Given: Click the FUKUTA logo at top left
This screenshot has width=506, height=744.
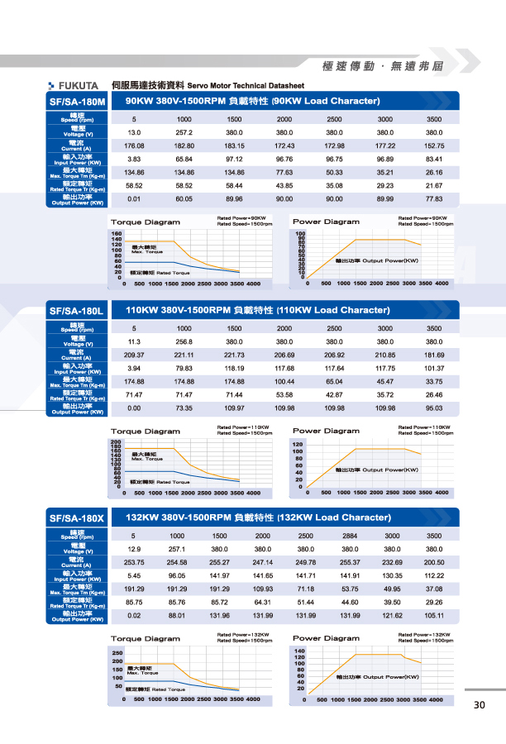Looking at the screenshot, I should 79,85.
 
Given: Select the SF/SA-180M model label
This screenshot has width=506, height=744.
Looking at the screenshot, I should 78,102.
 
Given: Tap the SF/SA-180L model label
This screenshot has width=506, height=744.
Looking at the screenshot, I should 78,311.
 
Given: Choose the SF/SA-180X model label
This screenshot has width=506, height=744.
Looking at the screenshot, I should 78,518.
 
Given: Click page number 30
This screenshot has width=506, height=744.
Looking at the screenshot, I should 480,705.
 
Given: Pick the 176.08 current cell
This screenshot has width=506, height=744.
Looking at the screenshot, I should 134,145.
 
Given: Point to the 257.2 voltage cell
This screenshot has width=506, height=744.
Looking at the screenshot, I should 184,132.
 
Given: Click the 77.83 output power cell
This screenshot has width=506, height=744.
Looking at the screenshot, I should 434,198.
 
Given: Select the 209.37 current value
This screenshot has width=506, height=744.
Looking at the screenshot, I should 134,355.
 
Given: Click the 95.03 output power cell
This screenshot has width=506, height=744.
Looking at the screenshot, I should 434,408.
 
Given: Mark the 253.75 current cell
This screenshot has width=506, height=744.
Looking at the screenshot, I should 134,562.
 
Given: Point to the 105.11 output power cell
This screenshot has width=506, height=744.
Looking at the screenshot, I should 434,615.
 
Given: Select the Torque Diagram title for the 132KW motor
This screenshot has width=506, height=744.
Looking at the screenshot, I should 145,639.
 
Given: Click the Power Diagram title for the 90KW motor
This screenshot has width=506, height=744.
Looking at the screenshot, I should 326,222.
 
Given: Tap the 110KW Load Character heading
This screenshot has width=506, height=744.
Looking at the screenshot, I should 257,310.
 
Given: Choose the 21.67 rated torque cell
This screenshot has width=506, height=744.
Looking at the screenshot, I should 434,185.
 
